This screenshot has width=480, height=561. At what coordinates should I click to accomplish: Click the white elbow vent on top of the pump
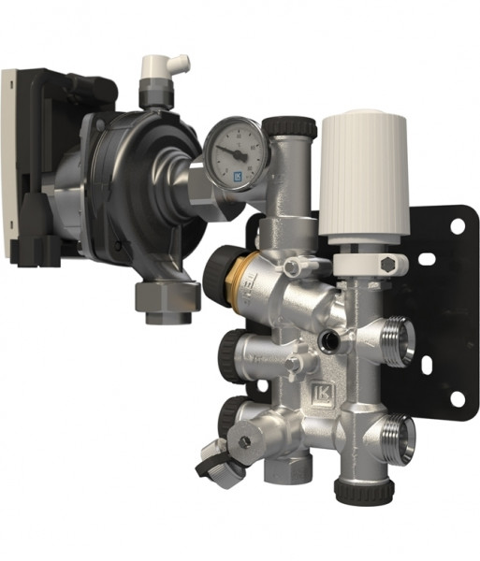pos(162,70)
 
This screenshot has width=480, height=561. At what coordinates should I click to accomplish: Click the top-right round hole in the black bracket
pos(458,225)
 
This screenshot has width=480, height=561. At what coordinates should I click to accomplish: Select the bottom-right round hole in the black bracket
pos(457,398)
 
